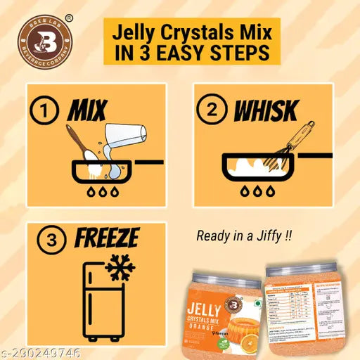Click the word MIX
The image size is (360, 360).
(x=86, y=110)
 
